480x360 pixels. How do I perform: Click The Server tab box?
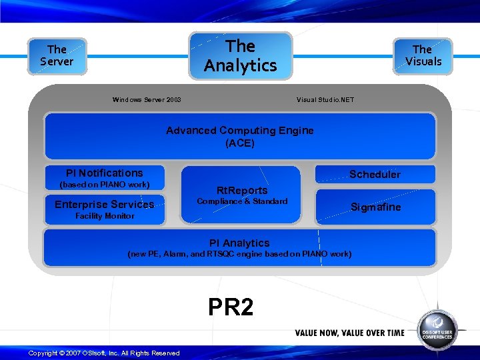coord(57,55)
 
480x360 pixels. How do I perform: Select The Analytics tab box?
coord(241,55)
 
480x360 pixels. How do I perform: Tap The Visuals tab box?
coord(423,55)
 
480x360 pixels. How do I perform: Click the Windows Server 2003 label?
coord(147,100)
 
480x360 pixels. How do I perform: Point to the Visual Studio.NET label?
coord(325,100)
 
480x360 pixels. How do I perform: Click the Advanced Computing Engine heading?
coord(240,131)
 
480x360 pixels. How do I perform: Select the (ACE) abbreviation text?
coord(240,143)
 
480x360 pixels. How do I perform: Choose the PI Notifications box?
coord(105,173)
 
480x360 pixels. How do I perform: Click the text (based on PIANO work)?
coord(105,185)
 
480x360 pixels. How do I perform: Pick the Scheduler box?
coord(375,174)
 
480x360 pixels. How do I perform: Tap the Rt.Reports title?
coord(242,190)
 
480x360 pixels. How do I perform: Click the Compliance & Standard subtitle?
coord(242,201)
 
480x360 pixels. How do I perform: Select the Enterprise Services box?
coord(105,204)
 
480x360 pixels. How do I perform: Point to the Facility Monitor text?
coord(105,216)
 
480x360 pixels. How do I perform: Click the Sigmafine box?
coord(376,207)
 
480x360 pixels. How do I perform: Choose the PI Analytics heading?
coord(239,243)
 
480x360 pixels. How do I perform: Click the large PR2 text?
coord(231,307)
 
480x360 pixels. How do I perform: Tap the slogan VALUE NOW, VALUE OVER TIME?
coord(349,333)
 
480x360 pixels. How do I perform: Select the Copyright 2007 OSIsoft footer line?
coord(104,353)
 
